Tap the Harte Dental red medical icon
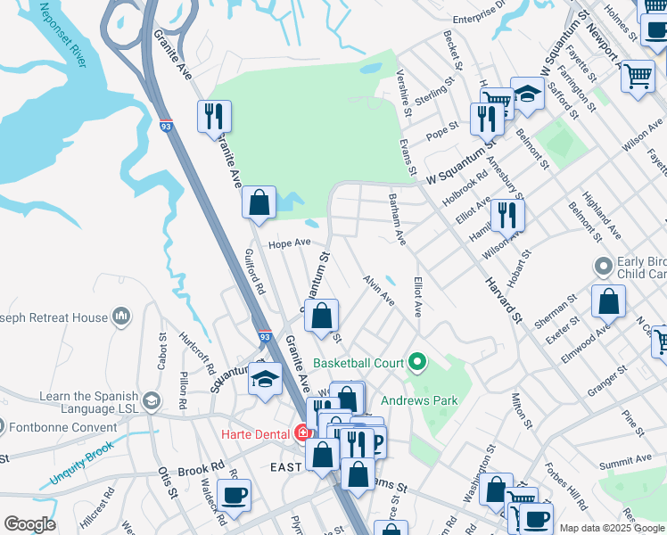[x=303, y=433]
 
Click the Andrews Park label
[x=419, y=400]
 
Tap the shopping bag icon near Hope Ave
[x=259, y=203]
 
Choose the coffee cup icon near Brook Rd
[x=234, y=496]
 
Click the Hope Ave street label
[x=290, y=243]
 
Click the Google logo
[x=29, y=524]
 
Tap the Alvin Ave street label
[x=378, y=291]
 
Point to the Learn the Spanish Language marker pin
[x=151, y=402]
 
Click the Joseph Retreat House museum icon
[x=121, y=317]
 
